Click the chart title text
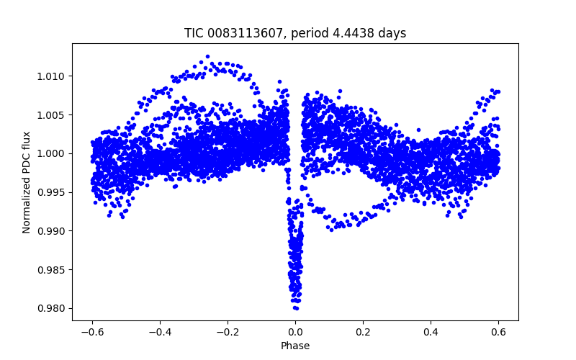(295, 33)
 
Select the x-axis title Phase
(295, 346)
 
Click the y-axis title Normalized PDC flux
(27, 181)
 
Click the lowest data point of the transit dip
(296, 308)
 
